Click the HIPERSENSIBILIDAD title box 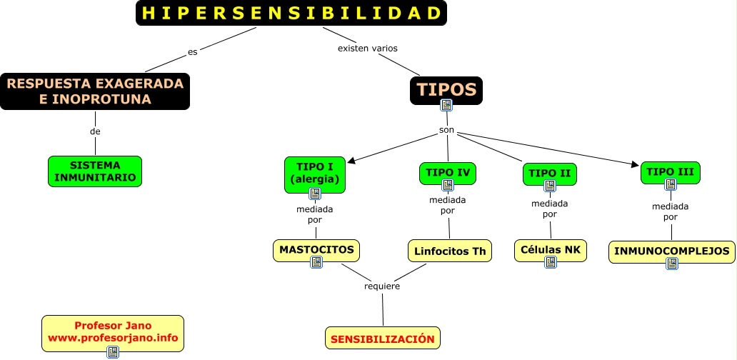(291, 13)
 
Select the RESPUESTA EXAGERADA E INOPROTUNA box (95, 91)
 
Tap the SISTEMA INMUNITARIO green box (95, 171)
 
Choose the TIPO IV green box (447, 172)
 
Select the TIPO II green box (549, 173)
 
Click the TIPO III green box (671, 171)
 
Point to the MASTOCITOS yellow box (316, 250)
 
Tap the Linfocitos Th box (450, 251)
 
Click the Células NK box (550, 249)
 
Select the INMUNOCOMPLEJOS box (672, 251)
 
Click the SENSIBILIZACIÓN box (383, 339)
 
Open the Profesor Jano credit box (113, 332)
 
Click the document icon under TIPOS (446, 105)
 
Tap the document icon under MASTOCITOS (316, 262)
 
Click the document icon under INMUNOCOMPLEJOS (672, 264)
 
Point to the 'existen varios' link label (367, 49)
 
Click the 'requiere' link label (382, 286)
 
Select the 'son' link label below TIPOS (447, 129)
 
